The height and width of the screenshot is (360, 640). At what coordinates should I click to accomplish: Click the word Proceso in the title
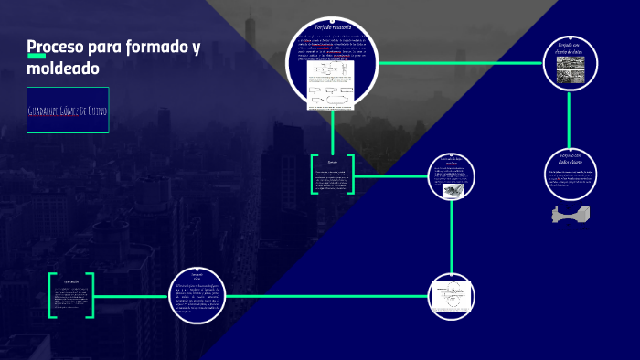pos(54,47)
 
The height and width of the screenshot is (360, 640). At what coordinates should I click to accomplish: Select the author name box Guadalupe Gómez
pos(68,111)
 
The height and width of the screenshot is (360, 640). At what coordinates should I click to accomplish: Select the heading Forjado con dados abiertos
pos(571,159)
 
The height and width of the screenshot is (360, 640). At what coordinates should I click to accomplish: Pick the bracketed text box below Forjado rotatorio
pos(332,175)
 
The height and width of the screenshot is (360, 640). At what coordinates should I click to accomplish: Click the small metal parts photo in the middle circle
pos(453,191)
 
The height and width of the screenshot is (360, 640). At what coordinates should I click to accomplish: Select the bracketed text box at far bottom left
pos(71,295)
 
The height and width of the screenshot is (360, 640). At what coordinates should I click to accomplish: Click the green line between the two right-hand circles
pos(571,119)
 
